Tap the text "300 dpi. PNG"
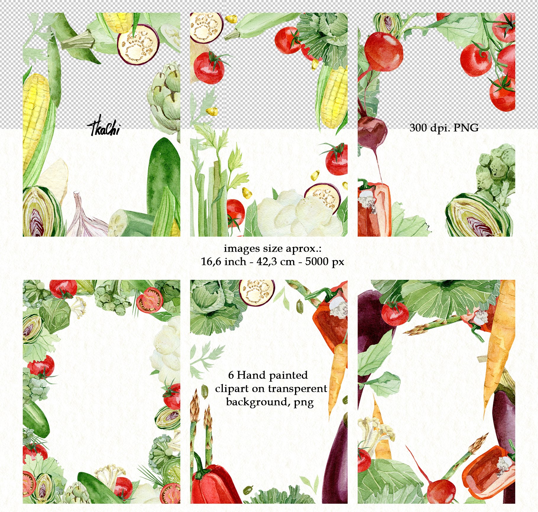tap(444, 128)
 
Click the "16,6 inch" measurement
tap(223, 261)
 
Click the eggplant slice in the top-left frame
tap(138, 44)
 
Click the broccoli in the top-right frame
tap(497, 172)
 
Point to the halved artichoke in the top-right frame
tap(476, 216)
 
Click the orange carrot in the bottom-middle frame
tap(338, 373)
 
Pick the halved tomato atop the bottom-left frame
tap(150, 300)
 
